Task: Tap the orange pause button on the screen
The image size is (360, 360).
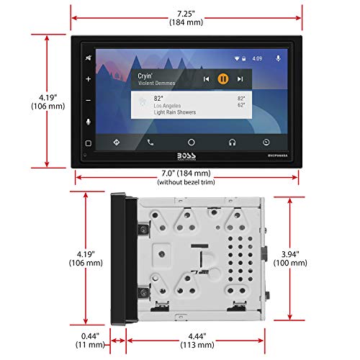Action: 223,78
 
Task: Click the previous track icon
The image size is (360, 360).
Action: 207,78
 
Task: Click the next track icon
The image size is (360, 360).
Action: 240,78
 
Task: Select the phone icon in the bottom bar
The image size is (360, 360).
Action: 150,142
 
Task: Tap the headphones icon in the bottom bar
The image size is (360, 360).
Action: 233,142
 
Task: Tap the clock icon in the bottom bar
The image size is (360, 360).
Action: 266,142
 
